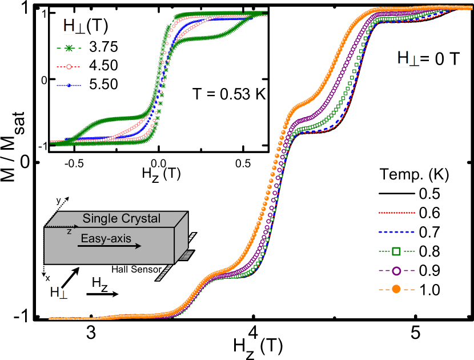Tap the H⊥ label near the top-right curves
[x=409, y=58]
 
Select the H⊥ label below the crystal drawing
[x=59, y=293]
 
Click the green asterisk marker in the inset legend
[x=69, y=49]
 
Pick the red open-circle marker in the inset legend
[x=69, y=67]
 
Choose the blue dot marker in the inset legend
[x=69, y=86]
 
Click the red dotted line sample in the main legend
[x=396, y=213]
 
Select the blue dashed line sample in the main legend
[x=396, y=232]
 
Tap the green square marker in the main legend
[x=396, y=251]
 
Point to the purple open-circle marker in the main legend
[x=396, y=270]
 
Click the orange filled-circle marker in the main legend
[x=396, y=290]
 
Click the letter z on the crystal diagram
[x=69, y=232]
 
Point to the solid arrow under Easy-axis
[x=110, y=247]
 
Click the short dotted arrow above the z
[x=62, y=227]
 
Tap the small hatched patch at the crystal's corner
[x=186, y=255]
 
